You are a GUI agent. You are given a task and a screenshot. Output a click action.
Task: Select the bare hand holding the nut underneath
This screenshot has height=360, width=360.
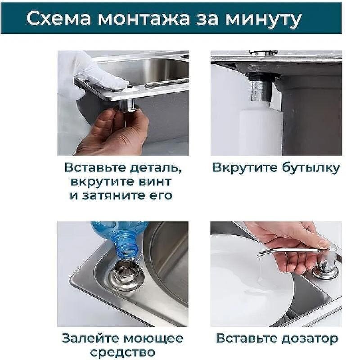[112, 130]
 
